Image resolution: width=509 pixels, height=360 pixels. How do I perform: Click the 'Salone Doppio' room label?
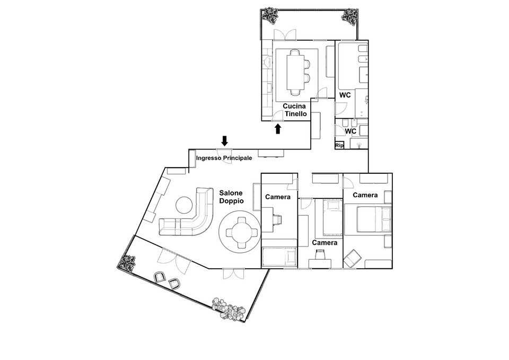pos(231,197)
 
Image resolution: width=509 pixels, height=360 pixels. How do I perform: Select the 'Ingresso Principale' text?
pos(224,158)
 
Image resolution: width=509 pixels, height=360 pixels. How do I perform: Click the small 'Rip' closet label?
pos(339,145)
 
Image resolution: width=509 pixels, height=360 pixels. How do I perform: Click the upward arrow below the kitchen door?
pos(277,129)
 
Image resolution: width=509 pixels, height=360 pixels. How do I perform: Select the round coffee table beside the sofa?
pos(185,205)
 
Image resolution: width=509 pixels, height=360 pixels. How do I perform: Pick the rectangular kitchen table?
pos(295,72)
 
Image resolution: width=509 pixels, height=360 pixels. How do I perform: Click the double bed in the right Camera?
pos(374,219)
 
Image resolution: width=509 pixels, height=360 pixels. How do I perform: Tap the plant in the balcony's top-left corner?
pos(270,15)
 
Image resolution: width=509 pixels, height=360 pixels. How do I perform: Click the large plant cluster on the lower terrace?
pos(228,309)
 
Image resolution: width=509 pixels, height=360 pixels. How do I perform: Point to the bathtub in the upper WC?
pos(348,66)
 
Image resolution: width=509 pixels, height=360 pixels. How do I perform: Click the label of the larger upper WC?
pos(345,95)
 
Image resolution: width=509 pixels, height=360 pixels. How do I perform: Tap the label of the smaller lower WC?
pos(350,131)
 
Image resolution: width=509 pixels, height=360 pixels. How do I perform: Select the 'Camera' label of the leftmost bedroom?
pos(277,197)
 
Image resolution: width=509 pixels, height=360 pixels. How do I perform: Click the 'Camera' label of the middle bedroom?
pos(324,242)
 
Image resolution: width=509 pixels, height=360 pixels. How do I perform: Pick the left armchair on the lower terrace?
pos(160,277)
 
